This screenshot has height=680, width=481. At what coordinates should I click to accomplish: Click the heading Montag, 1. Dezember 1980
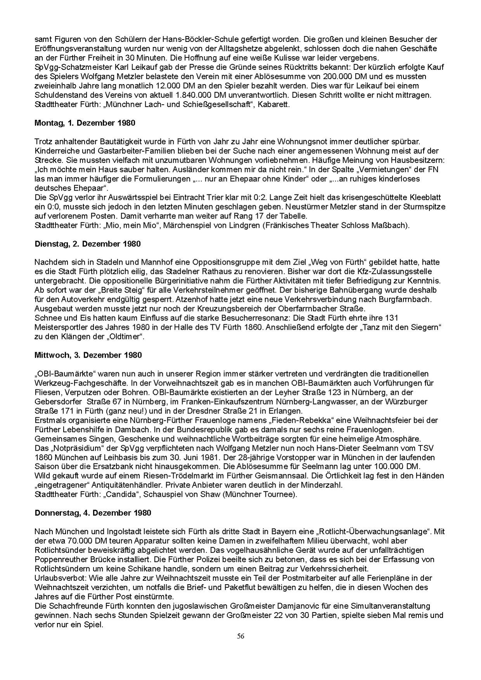(x=85, y=123)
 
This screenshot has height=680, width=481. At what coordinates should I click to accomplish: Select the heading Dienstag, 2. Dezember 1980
(x=88, y=244)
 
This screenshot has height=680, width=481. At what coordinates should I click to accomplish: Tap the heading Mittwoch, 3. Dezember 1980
(x=88, y=355)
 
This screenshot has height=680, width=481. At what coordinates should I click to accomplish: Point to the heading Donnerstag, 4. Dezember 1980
(x=93, y=513)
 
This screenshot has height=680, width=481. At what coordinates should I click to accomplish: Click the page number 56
(x=241, y=636)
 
